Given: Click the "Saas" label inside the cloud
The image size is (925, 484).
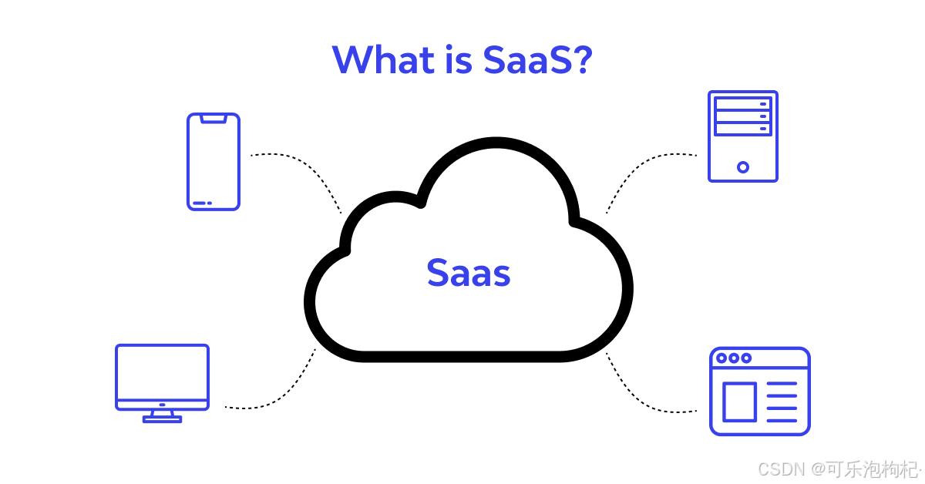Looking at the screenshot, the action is click(x=469, y=273).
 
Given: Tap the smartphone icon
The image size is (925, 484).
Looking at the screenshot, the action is click(x=214, y=162).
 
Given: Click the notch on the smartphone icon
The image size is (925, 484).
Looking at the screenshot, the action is click(x=214, y=119).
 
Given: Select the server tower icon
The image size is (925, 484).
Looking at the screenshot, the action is click(x=743, y=136).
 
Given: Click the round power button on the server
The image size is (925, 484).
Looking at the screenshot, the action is click(x=743, y=166).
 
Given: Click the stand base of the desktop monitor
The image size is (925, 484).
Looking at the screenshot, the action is click(x=162, y=419).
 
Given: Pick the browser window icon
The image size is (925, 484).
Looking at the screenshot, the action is click(x=760, y=391).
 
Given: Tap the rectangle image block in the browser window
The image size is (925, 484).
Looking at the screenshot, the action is click(x=739, y=402).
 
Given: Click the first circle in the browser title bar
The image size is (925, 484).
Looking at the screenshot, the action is click(x=722, y=358).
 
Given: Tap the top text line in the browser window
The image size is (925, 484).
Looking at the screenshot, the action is click(x=782, y=385).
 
